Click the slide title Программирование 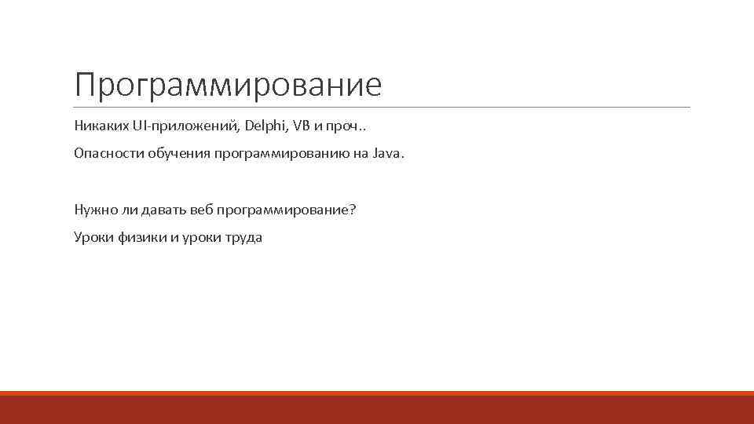point(228,86)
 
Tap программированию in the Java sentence point(276,154)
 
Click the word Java point(385,154)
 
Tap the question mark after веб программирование point(352,210)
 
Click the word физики point(141,238)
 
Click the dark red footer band point(377,409)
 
